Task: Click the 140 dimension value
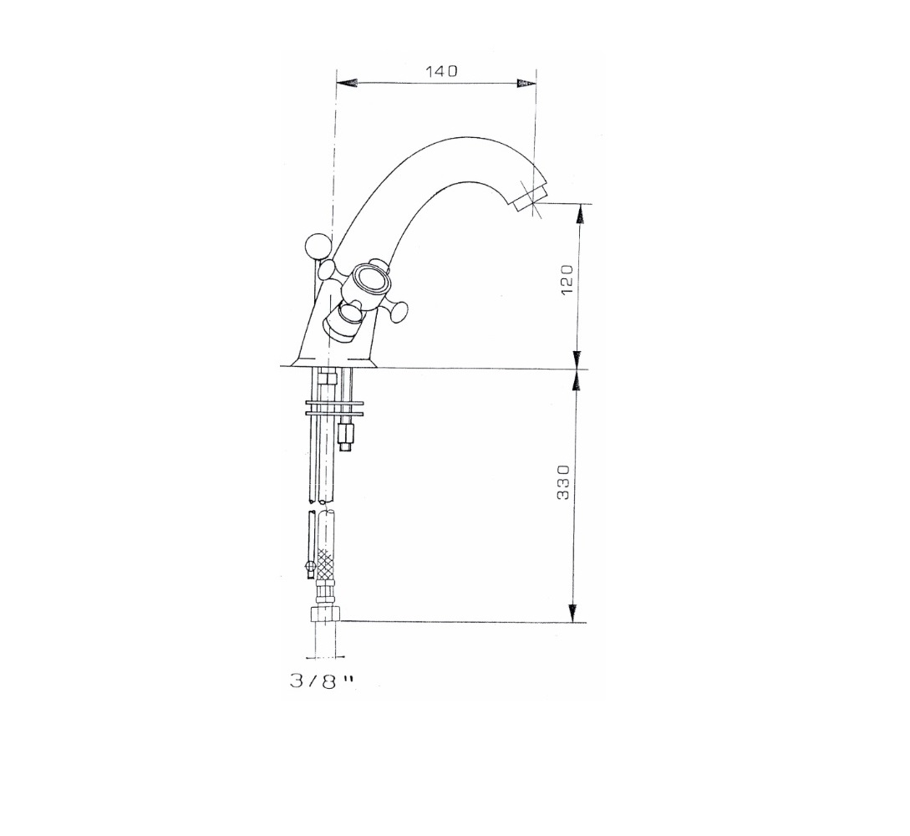click(441, 72)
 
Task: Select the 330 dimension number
click(564, 483)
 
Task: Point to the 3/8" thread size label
click(321, 681)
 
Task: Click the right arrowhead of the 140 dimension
click(525, 84)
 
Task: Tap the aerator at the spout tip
click(529, 201)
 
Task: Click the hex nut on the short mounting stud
click(345, 435)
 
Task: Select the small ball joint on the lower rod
click(310, 568)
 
